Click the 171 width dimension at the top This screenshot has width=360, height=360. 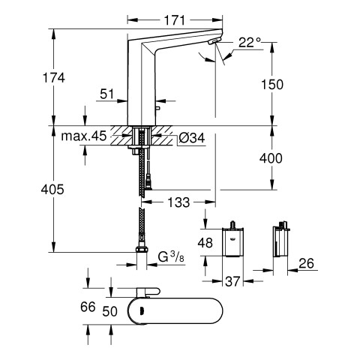[x=175, y=20]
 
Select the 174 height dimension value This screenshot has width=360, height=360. [x=54, y=78]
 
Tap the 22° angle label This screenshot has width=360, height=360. [x=250, y=43]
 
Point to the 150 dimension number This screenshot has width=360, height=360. [x=272, y=85]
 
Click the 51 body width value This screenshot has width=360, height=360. [x=106, y=94]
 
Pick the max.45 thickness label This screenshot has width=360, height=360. [x=84, y=136]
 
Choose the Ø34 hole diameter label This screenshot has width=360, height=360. [x=192, y=138]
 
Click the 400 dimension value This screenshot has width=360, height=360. [x=271, y=158]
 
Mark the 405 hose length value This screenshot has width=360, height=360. [x=52, y=189]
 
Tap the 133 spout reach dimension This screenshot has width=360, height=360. [x=178, y=202]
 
